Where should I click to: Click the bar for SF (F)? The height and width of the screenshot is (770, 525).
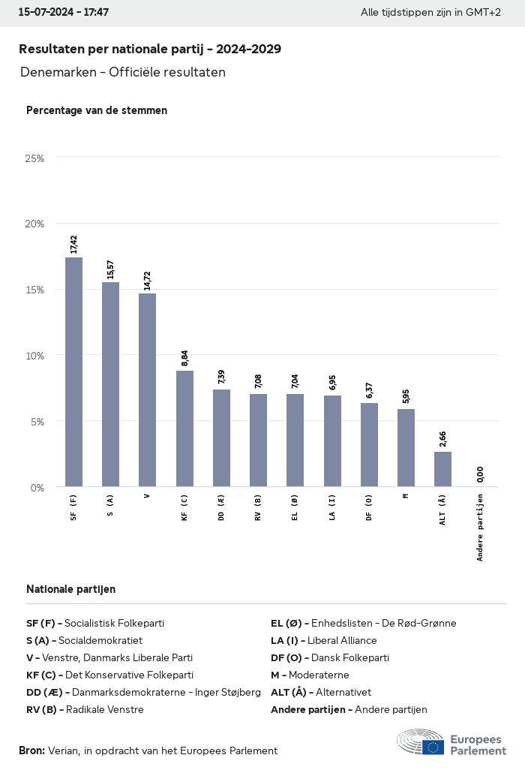(73, 372)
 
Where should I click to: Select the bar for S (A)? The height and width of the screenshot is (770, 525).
(110, 384)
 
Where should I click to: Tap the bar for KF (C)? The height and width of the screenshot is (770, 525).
(184, 429)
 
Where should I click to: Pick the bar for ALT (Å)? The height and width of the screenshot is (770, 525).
(442, 469)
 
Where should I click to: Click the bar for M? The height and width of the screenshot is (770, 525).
(406, 448)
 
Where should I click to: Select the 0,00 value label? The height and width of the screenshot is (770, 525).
(480, 474)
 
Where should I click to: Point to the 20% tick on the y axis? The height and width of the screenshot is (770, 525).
(34, 224)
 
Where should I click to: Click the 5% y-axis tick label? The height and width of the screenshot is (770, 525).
(37, 421)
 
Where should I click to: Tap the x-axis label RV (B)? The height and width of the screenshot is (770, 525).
(258, 507)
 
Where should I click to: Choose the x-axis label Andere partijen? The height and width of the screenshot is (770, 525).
(480, 527)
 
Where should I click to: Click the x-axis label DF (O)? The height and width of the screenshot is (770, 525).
(369, 507)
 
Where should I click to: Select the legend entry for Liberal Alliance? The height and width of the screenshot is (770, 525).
(323, 640)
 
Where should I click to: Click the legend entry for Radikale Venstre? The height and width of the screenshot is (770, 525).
(85, 709)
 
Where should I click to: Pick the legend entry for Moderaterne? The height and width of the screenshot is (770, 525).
(310, 675)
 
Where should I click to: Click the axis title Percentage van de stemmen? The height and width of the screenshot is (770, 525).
(97, 110)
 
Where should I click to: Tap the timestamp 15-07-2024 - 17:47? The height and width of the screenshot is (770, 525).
(64, 13)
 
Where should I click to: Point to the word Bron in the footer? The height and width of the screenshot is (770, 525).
(31, 750)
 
